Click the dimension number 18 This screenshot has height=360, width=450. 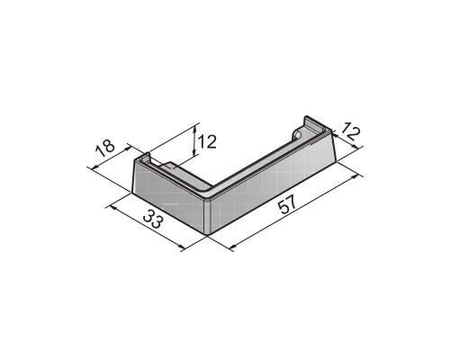105,148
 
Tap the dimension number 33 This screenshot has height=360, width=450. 153,219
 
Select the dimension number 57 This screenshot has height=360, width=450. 287,204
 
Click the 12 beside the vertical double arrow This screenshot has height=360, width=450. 207,141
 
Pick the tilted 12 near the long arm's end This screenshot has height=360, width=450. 350,131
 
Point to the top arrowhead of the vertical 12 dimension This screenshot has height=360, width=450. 195,129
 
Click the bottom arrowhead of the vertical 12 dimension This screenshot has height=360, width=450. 195,153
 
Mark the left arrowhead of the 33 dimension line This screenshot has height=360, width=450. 113,207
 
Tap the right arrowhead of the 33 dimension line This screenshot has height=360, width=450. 181,247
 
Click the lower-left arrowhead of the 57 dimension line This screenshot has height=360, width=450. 232,247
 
